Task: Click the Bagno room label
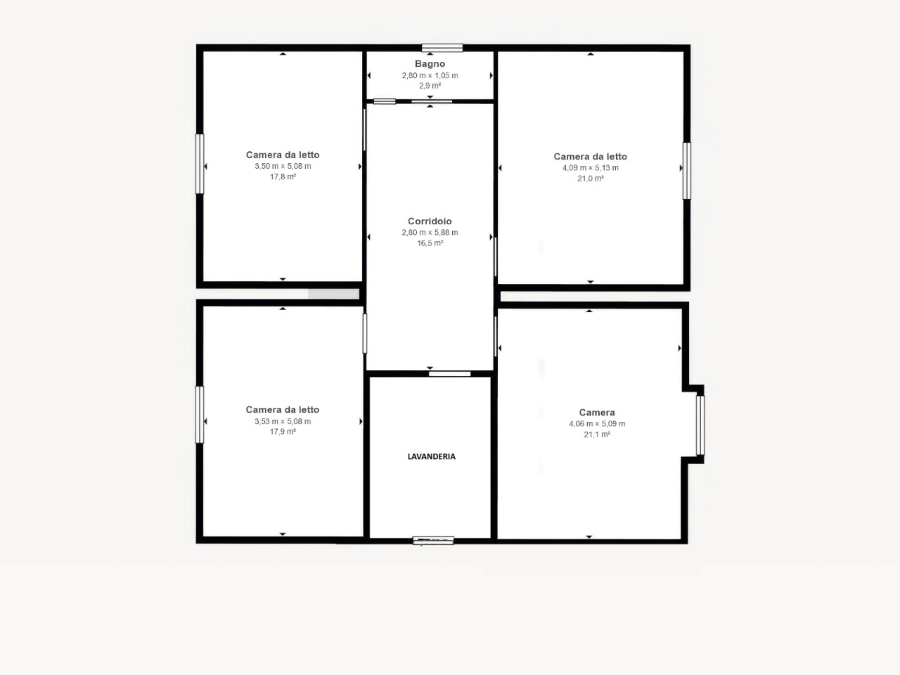tap(430, 64)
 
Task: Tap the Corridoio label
tap(430, 221)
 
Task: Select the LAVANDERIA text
tap(431, 456)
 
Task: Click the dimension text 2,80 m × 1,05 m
tap(430, 75)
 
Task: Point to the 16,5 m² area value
tap(430, 243)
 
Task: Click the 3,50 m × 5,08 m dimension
tap(283, 166)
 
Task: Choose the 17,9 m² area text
tap(283, 432)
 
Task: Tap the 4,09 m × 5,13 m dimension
tap(591, 167)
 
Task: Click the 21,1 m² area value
tap(597, 435)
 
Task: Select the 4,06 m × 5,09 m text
tap(597, 424)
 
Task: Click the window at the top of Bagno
tap(442, 48)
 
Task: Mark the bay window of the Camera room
tap(700, 425)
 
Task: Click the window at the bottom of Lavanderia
tap(433, 541)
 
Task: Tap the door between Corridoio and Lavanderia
tap(450, 374)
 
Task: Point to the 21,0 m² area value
tap(591, 179)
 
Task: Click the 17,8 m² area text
tap(283, 176)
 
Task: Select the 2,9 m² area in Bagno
tap(430, 86)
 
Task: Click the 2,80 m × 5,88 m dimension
tap(430, 232)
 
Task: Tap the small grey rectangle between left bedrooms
tap(334, 294)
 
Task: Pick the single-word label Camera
tap(597, 413)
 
